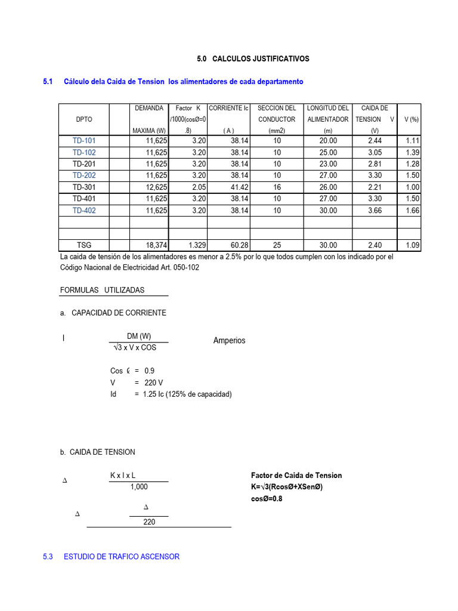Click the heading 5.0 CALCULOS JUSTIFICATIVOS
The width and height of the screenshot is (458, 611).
point(253,59)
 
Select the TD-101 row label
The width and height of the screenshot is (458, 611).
point(84,141)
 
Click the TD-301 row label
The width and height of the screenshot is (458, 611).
point(84,187)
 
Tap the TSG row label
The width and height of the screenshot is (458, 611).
point(84,245)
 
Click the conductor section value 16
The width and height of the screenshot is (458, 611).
point(277,187)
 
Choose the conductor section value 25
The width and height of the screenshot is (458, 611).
point(277,245)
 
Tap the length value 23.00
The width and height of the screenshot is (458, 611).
point(328,164)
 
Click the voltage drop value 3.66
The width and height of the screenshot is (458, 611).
point(375,211)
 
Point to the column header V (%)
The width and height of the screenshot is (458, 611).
point(411,119)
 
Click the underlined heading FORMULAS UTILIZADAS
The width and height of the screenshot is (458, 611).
point(102,290)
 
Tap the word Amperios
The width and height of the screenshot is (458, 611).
point(229,341)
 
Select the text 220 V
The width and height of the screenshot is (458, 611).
point(153,382)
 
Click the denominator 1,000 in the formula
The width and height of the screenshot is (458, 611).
point(139,487)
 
